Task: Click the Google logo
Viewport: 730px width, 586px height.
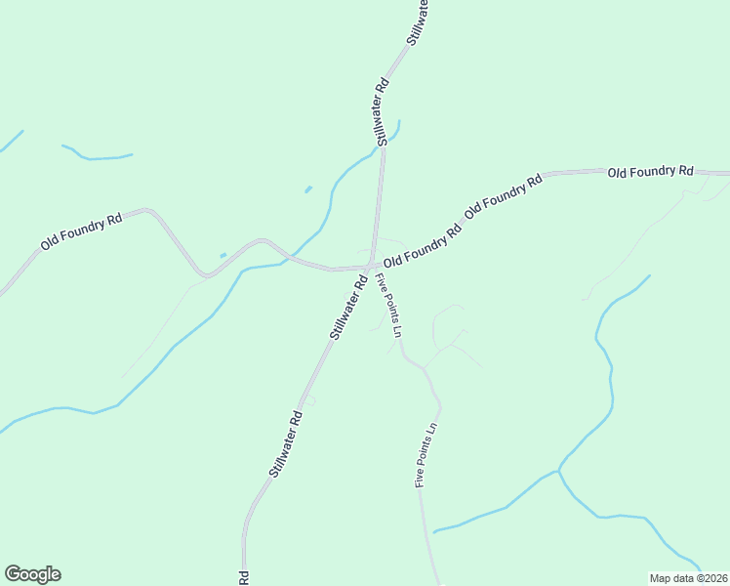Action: (x=32, y=574)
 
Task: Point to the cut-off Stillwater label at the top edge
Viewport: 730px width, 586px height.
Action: (x=419, y=22)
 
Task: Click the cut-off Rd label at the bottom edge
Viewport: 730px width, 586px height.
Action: (x=243, y=578)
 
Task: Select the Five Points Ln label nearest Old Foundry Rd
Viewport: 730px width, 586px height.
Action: (x=389, y=306)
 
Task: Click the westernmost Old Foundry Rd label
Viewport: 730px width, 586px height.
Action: (x=81, y=231)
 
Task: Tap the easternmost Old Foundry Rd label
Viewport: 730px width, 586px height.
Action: (x=650, y=172)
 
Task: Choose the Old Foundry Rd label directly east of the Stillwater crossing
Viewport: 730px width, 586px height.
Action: (x=422, y=248)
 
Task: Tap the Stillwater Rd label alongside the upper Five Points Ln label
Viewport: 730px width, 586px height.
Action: (x=347, y=307)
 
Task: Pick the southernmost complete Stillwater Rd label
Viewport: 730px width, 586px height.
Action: (x=286, y=445)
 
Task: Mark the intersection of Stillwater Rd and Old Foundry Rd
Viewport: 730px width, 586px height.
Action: (x=368, y=266)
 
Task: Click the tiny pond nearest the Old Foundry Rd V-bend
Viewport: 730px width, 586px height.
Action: (x=223, y=256)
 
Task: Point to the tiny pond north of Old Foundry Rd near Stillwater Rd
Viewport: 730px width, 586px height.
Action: (x=308, y=188)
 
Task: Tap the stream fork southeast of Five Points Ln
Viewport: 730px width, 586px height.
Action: (x=558, y=473)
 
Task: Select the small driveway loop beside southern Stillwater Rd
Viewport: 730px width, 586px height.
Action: (x=310, y=399)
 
